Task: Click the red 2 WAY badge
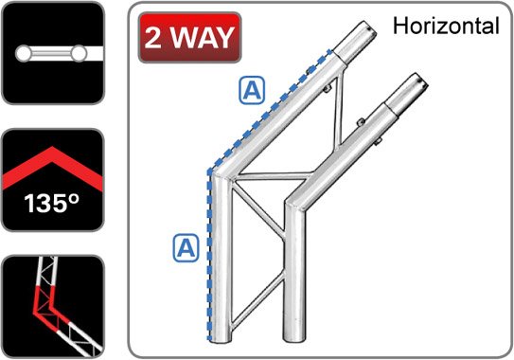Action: (x=190, y=37)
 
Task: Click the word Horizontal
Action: (x=446, y=26)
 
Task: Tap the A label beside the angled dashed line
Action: (x=252, y=90)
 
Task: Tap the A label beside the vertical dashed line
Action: (x=186, y=248)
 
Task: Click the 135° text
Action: (x=51, y=204)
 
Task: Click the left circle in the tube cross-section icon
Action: (x=23, y=53)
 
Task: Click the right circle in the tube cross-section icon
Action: (x=79, y=53)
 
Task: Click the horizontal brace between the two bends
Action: (x=273, y=176)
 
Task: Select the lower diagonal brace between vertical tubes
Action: (x=258, y=299)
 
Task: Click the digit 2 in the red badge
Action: (x=152, y=37)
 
